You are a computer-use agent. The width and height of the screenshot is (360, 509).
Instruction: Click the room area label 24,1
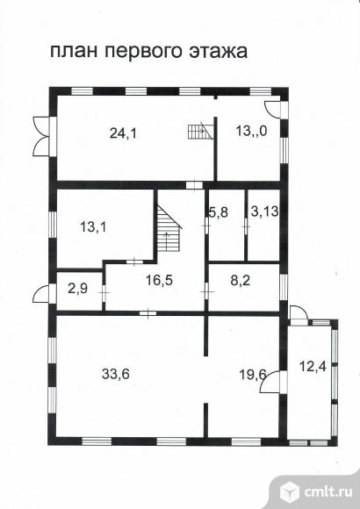[124, 133]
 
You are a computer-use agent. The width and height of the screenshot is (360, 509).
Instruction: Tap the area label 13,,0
[251, 131]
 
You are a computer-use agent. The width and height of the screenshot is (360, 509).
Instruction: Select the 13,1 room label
[93, 227]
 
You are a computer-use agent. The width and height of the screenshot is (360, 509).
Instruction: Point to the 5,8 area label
[218, 212]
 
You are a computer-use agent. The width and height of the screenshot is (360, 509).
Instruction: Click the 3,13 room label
[265, 211]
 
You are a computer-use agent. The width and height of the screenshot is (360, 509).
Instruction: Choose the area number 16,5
[159, 280]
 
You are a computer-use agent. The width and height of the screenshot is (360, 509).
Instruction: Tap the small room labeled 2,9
[77, 288]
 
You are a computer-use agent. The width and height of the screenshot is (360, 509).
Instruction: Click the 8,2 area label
[241, 280]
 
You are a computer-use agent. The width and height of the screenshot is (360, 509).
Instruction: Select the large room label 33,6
[116, 374]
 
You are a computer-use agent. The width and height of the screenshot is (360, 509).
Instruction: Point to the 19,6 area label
[253, 375]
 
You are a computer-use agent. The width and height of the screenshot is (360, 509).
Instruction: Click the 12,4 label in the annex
[313, 367]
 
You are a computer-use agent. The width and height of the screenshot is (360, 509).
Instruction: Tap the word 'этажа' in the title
[220, 52]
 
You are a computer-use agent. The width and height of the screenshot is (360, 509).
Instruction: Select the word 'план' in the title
[74, 52]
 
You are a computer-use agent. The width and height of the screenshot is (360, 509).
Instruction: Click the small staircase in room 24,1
[200, 131]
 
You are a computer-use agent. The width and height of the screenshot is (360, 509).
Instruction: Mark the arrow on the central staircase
[167, 241]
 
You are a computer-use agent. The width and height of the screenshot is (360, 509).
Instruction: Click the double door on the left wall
[41, 136]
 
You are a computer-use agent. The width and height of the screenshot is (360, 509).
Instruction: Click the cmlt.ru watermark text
[328, 491]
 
